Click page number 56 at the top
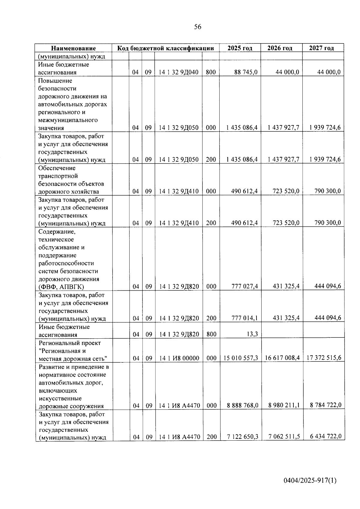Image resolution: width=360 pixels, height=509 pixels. coord(198,27)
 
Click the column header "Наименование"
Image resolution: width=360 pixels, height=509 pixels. coord(73,48)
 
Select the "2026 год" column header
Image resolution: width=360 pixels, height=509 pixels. coord(280,48)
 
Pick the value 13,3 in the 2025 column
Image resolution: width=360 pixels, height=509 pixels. coord(252,334)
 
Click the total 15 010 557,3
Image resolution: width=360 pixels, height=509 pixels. coord(241,358)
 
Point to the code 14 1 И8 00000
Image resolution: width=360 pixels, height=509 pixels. coord(179,358)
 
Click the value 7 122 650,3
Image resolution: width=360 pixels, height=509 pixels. coord(243,437)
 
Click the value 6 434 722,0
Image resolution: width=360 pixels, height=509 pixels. coord(325,436)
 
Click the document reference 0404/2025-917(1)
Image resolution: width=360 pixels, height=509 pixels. coord(310,481)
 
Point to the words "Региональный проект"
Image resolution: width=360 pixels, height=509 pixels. coord(70,343)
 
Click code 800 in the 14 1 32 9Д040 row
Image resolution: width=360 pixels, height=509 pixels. coord(211,72)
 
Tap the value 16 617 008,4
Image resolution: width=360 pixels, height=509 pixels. coord(282,358)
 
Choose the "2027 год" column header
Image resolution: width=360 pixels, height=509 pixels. coord(321,48)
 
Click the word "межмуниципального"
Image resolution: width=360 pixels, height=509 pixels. coord(68,120)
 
